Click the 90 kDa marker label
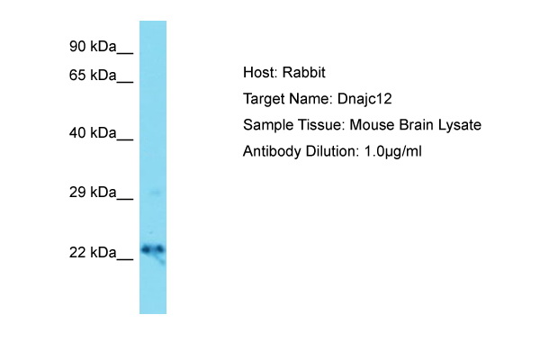coord(93,46)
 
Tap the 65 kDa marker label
coord(93,75)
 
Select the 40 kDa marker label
coord(93,132)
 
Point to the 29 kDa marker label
coord(93,193)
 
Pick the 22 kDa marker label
coord(93,253)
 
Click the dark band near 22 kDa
coord(153,249)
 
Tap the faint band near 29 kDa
coord(156,193)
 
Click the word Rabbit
coord(304,72)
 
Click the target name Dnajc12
coord(364,99)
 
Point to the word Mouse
coord(372,125)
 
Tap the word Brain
coord(416,125)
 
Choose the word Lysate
coord(460,125)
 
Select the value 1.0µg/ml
coord(392,151)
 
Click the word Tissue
coord(319,125)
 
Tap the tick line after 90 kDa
coord(125,53)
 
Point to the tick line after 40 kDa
coord(125,139)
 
